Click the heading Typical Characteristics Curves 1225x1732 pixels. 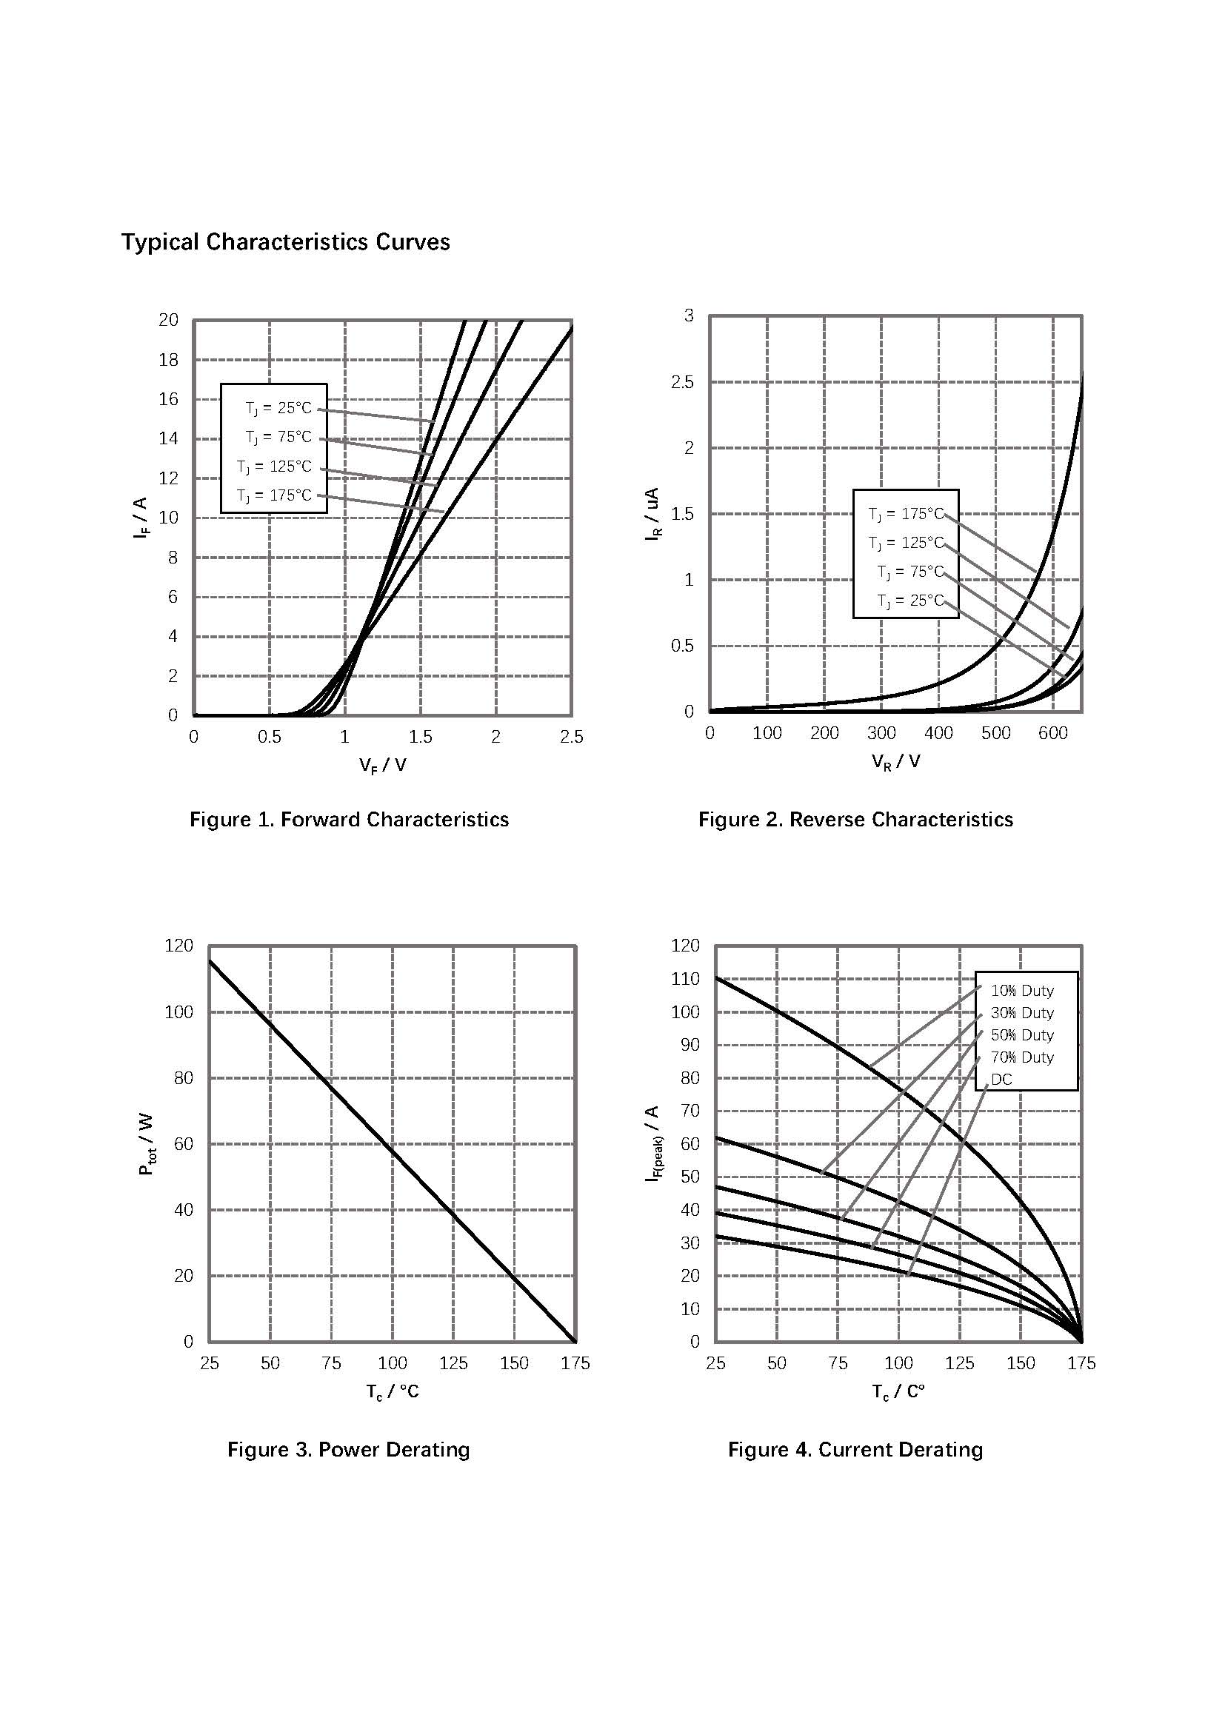[x=285, y=242]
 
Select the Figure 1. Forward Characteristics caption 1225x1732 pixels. [x=349, y=819]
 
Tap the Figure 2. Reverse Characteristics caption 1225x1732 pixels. [x=855, y=819]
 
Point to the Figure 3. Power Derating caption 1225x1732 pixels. [x=349, y=1449]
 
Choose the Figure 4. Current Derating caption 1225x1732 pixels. [x=855, y=1449]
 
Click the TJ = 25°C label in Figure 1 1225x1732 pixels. [x=278, y=408]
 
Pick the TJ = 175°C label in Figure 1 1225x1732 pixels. [x=274, y=495]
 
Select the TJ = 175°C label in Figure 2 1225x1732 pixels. [x=905, y=514]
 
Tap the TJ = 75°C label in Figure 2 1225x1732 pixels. [x=909, y=572]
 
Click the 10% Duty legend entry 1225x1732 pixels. [x=1022, y=991]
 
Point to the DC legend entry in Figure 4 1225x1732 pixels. [x=1001, y=1079]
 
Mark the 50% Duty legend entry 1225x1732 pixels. [x=1022, y=1035]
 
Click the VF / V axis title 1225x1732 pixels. [x=382, y=765]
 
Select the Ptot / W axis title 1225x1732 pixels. [x=147, y=1143]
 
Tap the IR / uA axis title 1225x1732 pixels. [x=652, y=514]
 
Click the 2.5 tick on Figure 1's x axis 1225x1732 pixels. [x=571, y=737]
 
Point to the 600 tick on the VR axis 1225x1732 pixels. [x=1052, y=732]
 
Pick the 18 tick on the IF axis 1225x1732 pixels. [x=168, y=360]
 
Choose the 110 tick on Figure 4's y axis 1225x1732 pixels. [x=685, y=978]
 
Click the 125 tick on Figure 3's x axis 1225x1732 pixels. [x=453, y=1363]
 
